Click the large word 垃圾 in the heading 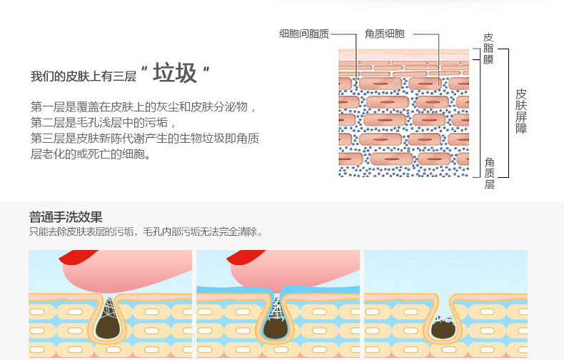click(x=175, y=74)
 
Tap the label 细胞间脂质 click(x=303, y=34)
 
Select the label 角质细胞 click(x=384, y=34)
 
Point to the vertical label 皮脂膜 click(x=488, y=48)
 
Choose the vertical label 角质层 click(x=489, y=173)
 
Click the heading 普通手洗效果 click(x=66, y=216)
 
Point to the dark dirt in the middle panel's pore click(x=275, y=326)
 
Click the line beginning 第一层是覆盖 click(x=143, y=106)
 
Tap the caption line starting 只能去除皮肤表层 click(x=146, y=231)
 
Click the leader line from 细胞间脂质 click(x=344, y=34)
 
